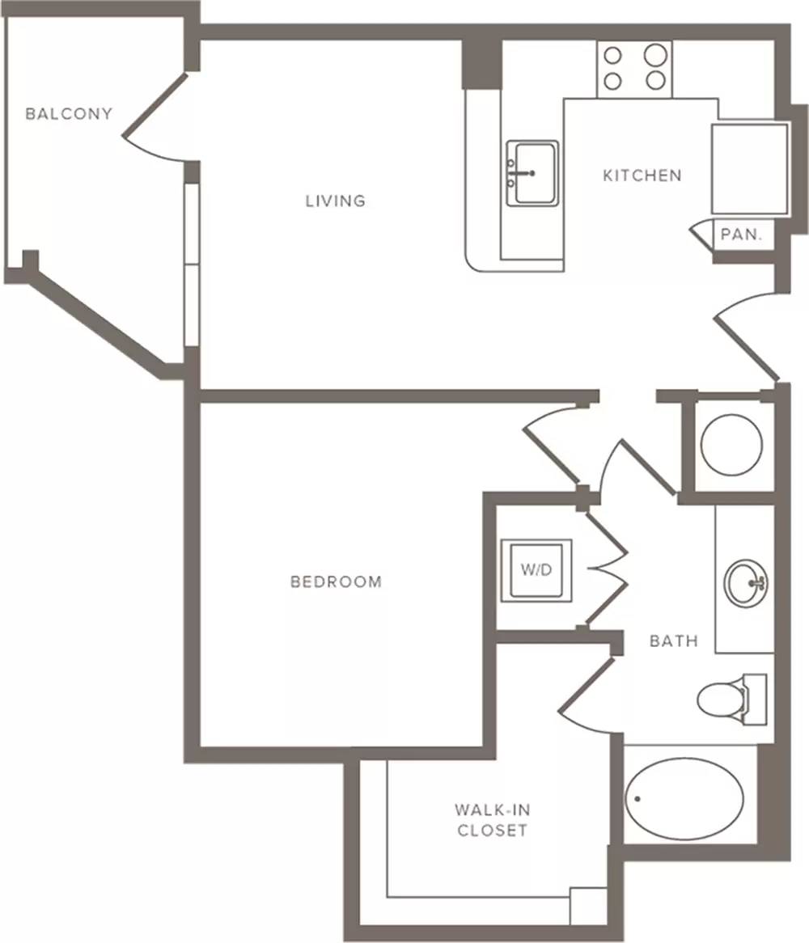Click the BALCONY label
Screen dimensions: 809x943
[69, 114]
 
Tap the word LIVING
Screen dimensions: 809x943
[335, 201]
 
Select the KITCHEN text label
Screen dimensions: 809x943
[642, 175]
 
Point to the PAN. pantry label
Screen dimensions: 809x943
[740, 234]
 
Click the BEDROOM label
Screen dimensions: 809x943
[336, 581]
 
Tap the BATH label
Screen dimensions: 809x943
[674, 641]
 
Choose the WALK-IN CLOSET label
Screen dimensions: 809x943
[492, 820]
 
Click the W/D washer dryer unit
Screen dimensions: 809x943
[536, 569]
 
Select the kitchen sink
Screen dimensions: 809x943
[532, 173]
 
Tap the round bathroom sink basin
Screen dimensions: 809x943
[745, 582]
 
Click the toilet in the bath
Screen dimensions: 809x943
[731, 699]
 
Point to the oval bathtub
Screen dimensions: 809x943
[684, 799]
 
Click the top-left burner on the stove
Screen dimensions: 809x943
[612, 56]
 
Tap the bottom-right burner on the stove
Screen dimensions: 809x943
[655, 80]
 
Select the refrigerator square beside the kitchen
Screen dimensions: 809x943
[749, 169]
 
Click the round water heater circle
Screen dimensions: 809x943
[731, 445]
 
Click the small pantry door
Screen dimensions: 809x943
[700, 235]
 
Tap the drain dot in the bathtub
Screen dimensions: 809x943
[637, 799]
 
